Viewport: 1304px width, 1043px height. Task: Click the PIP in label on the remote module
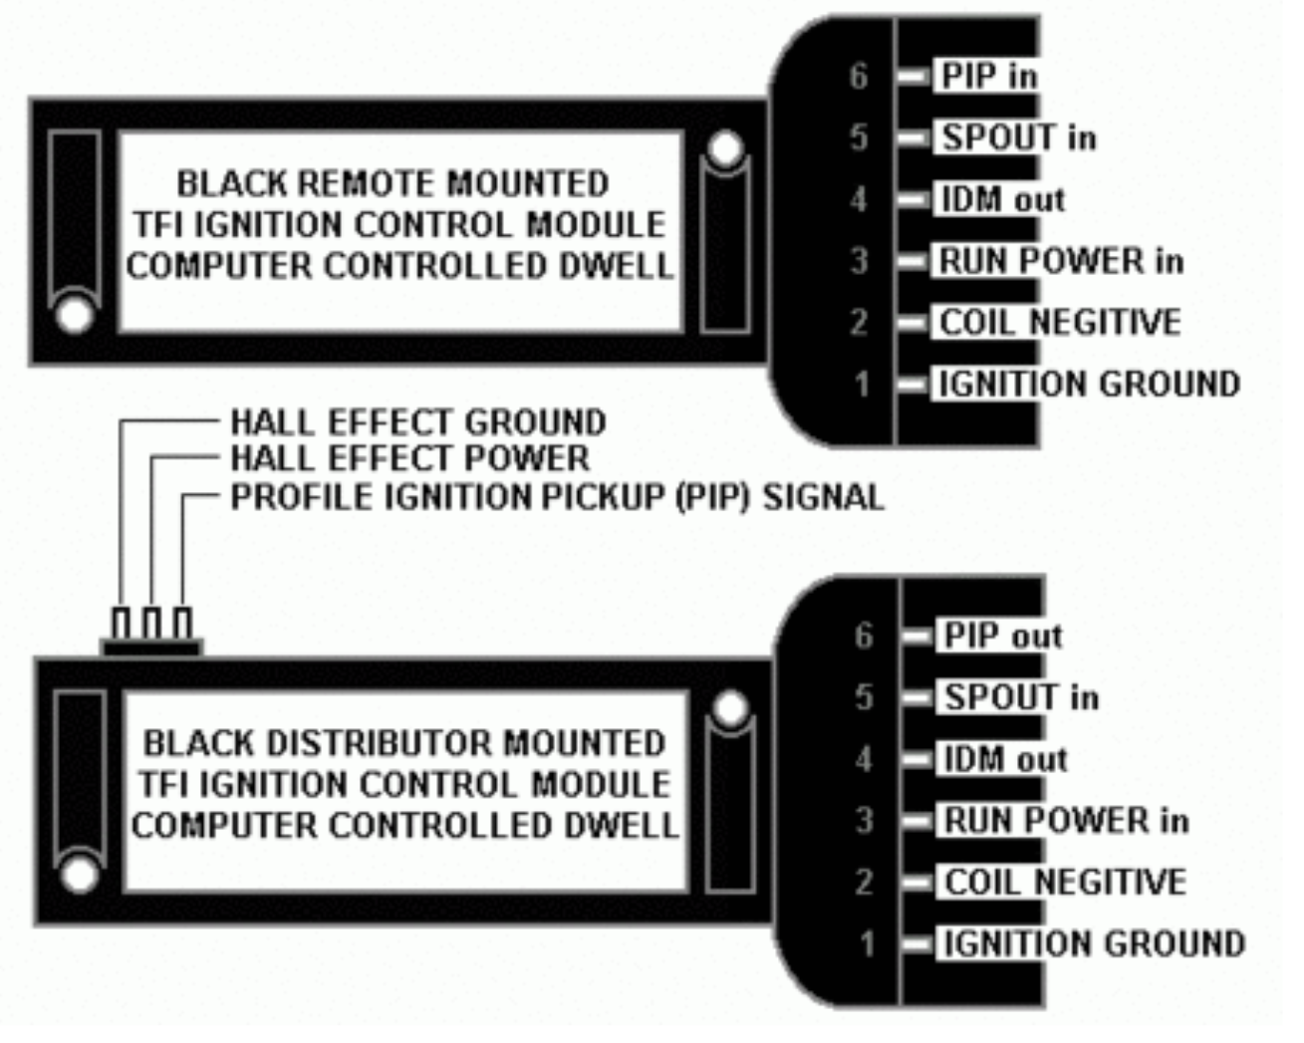click(988, 77)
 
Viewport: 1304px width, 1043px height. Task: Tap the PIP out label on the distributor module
click(1002, 637)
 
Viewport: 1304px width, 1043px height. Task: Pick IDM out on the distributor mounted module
click(1005, 760)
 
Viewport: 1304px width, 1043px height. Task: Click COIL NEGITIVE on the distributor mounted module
click(1065, 883)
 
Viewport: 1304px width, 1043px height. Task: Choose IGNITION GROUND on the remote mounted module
click(1089, 385)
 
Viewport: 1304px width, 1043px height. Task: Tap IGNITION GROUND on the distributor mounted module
click(1094, 944)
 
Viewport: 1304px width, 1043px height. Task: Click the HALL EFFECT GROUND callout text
click(417, 422)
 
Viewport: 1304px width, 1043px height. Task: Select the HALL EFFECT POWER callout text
click(409, 458)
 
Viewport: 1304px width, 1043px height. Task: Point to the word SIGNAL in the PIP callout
click(823, 497)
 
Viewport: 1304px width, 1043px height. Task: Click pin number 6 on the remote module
click(859, 77)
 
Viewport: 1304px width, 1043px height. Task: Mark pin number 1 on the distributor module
click(867, 944)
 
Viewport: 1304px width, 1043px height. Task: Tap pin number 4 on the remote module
click(859, 200)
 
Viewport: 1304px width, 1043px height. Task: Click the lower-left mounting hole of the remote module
click(75, 315)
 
